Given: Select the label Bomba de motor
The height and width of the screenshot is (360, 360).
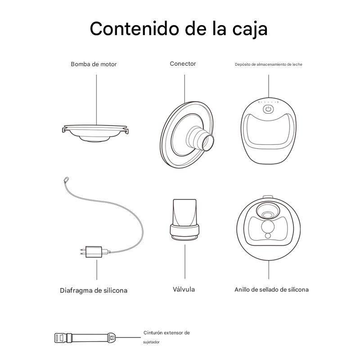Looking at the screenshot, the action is pyautogui.click(x=94, y=64).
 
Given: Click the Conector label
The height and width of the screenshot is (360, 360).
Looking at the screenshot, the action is pyautogui.click(x=183, y=63).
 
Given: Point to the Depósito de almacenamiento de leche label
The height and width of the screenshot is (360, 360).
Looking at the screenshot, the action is pyautogui.click(x=268, y=64).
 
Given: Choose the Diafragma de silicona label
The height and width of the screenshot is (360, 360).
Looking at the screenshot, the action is pyautogui.click(x=94, y=290).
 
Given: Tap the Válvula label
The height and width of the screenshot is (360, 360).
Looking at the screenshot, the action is pyautogui.click(x=184, y=289).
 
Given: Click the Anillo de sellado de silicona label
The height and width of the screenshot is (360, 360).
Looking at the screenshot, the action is pyautogui.click(x=271, y=289).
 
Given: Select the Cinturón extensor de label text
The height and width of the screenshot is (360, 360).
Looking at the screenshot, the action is pyautogui.click(x=166, y=333).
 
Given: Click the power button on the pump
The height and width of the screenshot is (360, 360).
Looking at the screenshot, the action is pyautogui.click(x=268, y=109).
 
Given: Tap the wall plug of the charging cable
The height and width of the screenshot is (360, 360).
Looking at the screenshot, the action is pyautogui.click(x=94, y=252).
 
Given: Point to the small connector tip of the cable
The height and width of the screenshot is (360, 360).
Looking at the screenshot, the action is pyautogui.click(x=66, y=180).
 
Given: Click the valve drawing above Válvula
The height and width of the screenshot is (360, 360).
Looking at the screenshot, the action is pyautogui.click(x=184, y=220).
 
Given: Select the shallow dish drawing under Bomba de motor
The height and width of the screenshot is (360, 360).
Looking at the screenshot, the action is pyautogui.click(x=95, y=133).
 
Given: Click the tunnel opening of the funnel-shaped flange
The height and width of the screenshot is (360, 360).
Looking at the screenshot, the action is pyautogui.click(x=208, y=143).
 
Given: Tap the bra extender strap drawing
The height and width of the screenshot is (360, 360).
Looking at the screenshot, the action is pyautogui.click(x=85, y=338).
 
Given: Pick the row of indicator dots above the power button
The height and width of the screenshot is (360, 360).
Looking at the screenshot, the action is pyautogui.click(x=268, y=102).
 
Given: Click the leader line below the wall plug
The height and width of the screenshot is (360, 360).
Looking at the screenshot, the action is pyautogui.click(x=97, y=270).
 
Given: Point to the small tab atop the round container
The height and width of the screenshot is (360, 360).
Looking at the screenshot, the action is pyautogui.click(x=268, y=197).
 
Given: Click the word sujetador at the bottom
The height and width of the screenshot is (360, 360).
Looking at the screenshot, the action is pyautogui.click(x=151, y=342).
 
